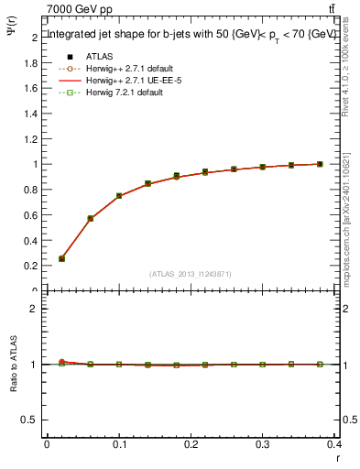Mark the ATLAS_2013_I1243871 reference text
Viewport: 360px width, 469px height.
(x=191, y=274)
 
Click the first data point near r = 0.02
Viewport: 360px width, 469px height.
(x=61, y=258)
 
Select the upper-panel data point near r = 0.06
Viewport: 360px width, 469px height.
(x=90, y=219)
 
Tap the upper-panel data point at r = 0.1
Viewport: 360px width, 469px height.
(x=119, y=196)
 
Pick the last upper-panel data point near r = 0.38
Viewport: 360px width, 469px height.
(x=320, y=164)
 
